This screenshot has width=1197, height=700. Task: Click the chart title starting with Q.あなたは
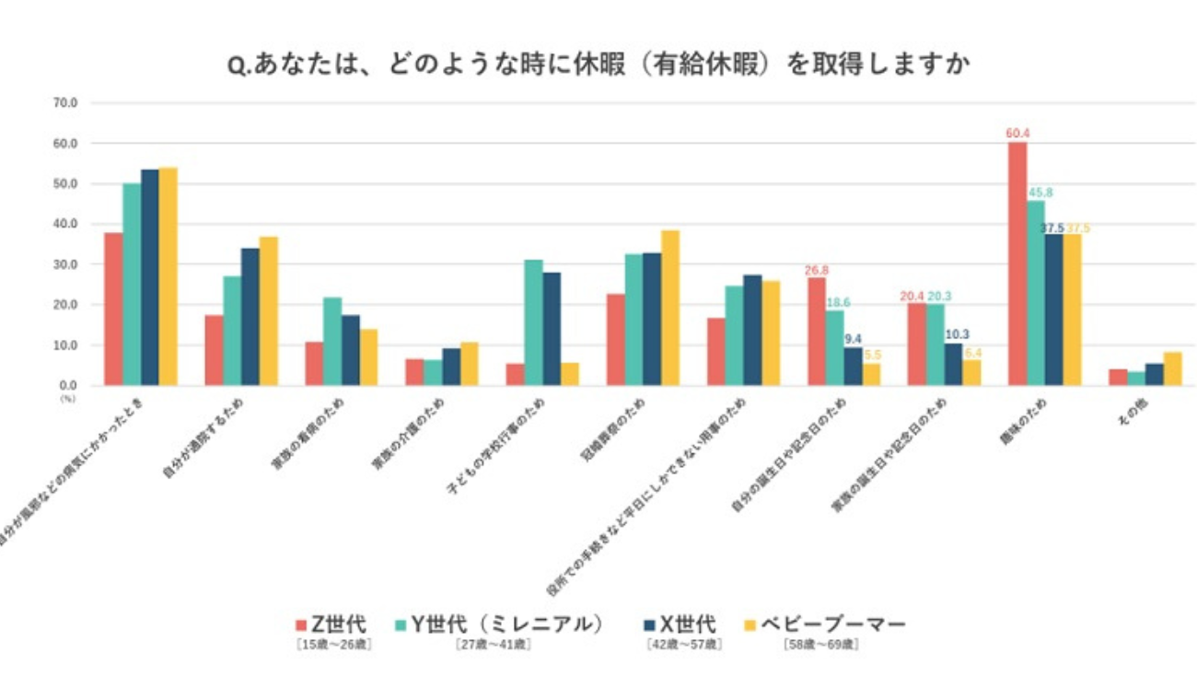click(598, 66)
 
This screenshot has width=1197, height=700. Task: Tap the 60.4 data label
click(1017, 134)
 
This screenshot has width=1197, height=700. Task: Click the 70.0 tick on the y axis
click(67, 103)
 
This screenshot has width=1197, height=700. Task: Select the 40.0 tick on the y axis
click(67, 224)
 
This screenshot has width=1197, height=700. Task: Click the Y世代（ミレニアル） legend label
click(507, 625)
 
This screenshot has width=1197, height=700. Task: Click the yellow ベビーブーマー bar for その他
click(1172, 368)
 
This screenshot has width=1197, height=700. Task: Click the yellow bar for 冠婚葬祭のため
click(670, 308)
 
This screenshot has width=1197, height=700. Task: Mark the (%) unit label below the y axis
click(67, 398)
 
